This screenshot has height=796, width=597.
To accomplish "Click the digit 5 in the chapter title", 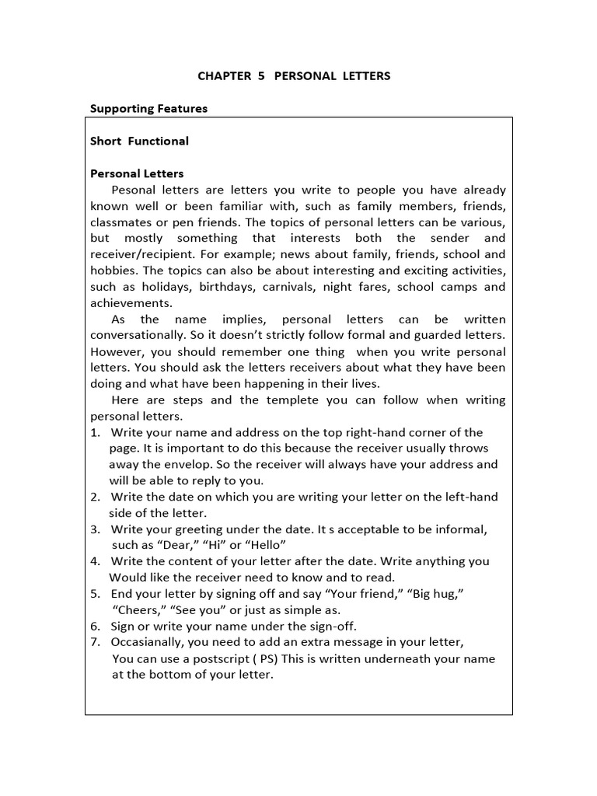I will click(260, 76).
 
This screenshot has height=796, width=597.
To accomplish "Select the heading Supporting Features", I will click(148, 109).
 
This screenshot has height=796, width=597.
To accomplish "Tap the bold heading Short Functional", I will click(139, 141).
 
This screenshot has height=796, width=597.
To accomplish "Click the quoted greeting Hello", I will click(268, 545).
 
